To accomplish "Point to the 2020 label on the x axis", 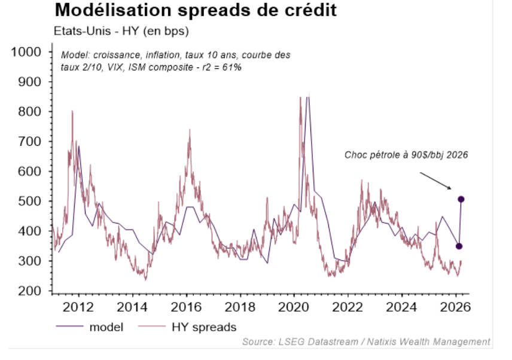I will click(295, 308).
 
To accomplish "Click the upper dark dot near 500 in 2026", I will click(461, 199).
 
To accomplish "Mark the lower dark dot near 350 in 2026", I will click(459, 246).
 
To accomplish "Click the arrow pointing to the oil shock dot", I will click(435, 181).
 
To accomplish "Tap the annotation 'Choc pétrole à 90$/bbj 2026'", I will click(406, 154).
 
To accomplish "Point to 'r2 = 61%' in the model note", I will click(221, 68).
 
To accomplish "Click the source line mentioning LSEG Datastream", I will click(366, 341).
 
